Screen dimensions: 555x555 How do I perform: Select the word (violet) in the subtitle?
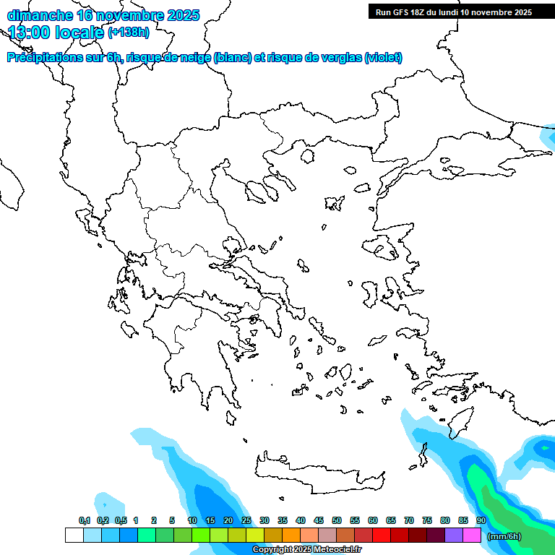click(384, 58)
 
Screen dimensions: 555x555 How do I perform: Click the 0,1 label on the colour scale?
click(84, 520)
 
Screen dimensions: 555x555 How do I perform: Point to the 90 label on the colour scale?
click(481, 520)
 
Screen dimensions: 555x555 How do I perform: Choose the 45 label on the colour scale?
click(319, 520)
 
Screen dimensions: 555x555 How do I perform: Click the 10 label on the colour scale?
click(192, 520)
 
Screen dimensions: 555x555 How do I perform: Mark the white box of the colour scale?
click(74, 535)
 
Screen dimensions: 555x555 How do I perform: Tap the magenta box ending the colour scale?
click(472, 535)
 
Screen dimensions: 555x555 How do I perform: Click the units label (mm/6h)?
click(504, 536)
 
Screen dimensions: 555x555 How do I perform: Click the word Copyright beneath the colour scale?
click(275, 550)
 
